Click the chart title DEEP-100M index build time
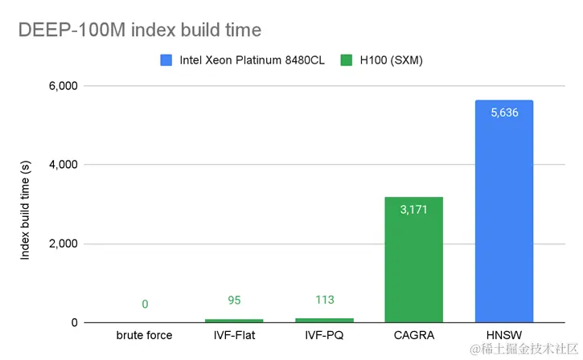(x=140, y=31)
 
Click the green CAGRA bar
(x=414, y=261)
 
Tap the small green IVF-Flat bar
(x=234, y=320)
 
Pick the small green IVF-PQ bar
(x=324, y=319)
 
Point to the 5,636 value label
(x=504, y=112)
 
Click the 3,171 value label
(x=414, y=209)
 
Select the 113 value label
(x=324, y=301)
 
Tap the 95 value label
(x=234, y=301)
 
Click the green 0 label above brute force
(x=145, y=304)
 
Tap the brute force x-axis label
(x=145, y=335)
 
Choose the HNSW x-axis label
(x=504, y=335)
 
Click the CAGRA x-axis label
(x=414, y=335)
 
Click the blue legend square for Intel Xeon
(x=166, y=61)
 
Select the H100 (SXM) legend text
(x=392, y=61)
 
